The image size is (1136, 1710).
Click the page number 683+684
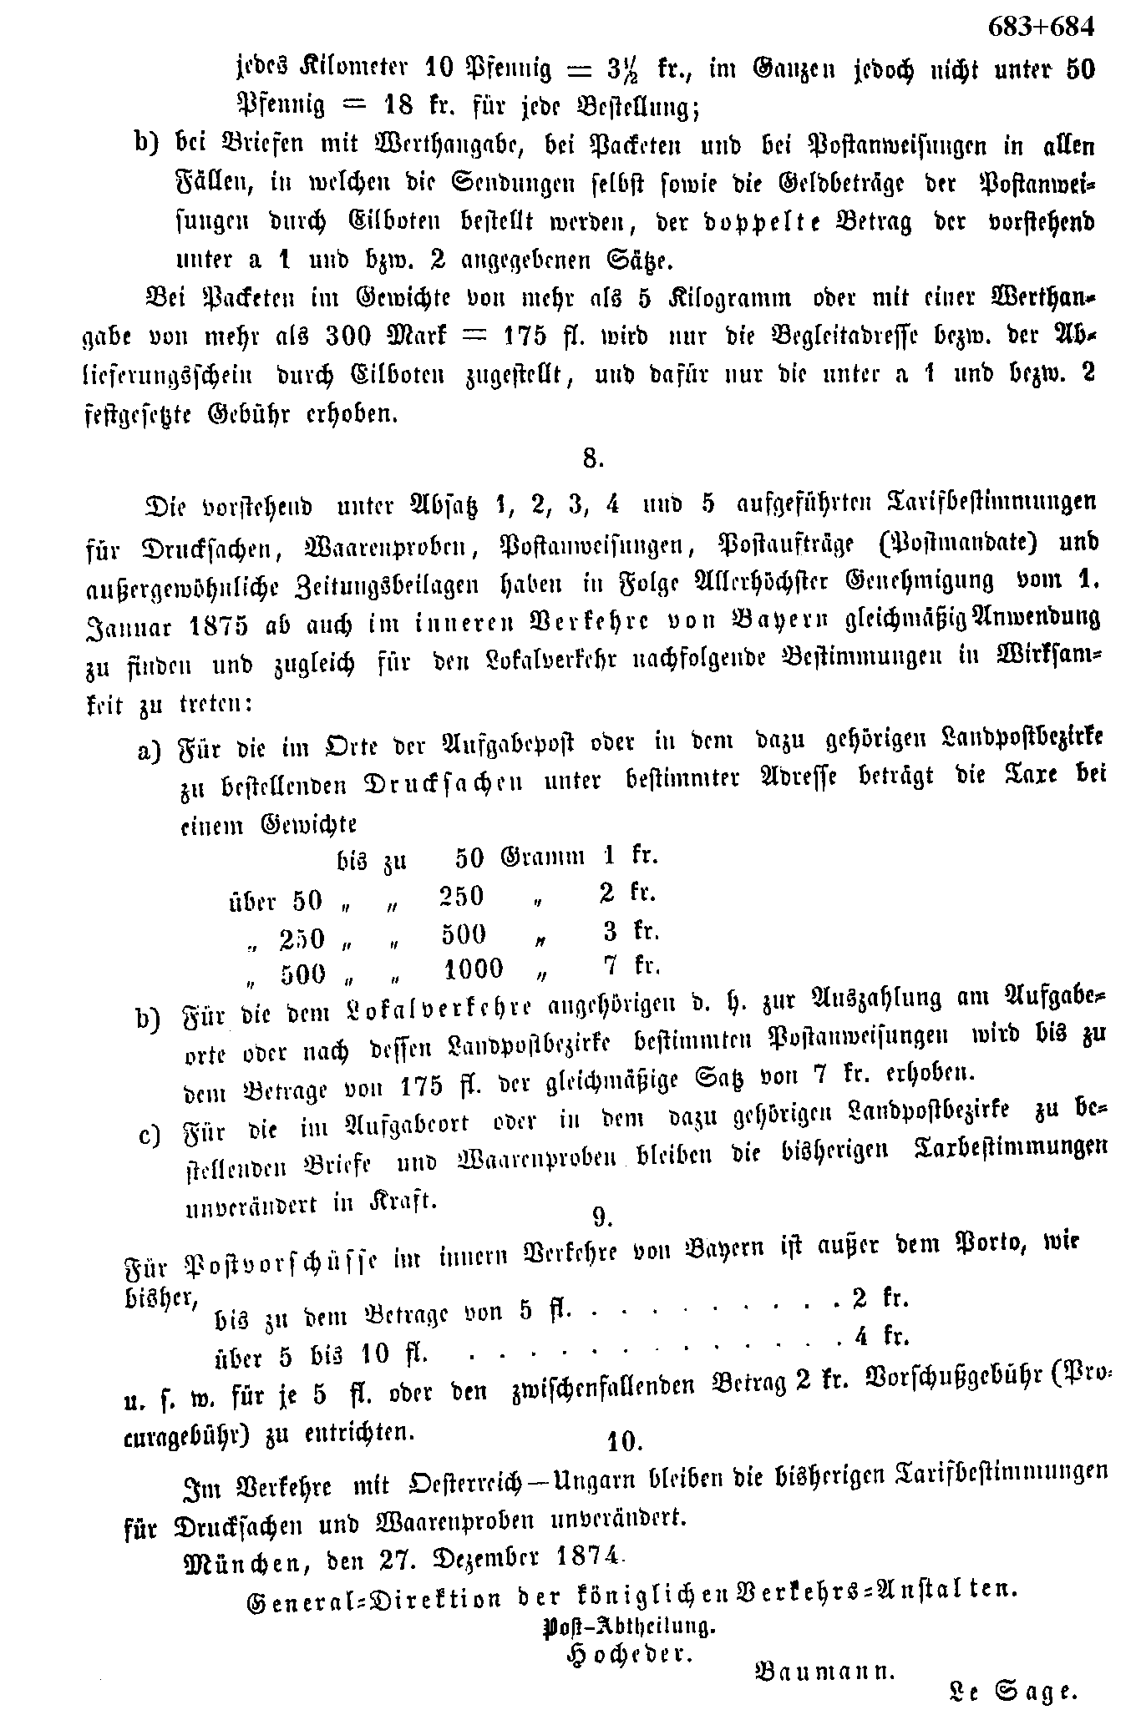(x=1040, y=28)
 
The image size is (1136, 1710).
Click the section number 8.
(x=591, y=458)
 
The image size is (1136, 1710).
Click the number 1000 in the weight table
(x=474, y=969)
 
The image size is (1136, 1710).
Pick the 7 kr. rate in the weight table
(x=631, y=966)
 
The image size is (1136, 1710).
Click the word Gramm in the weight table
(x=542, y=858)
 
